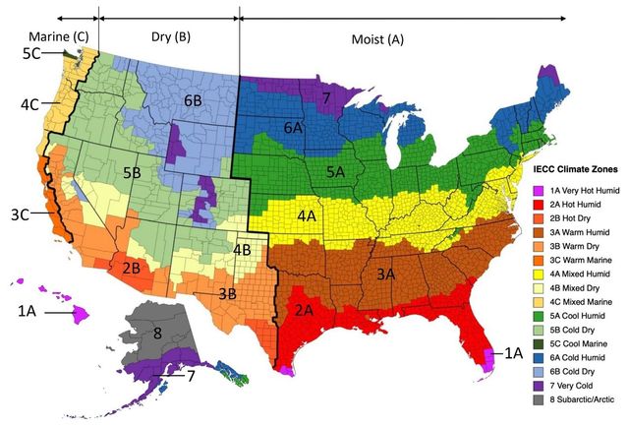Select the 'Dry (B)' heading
point(169,37)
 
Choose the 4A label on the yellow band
point(308,215)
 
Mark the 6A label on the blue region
point(293,128)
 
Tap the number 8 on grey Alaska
point(157,333)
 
